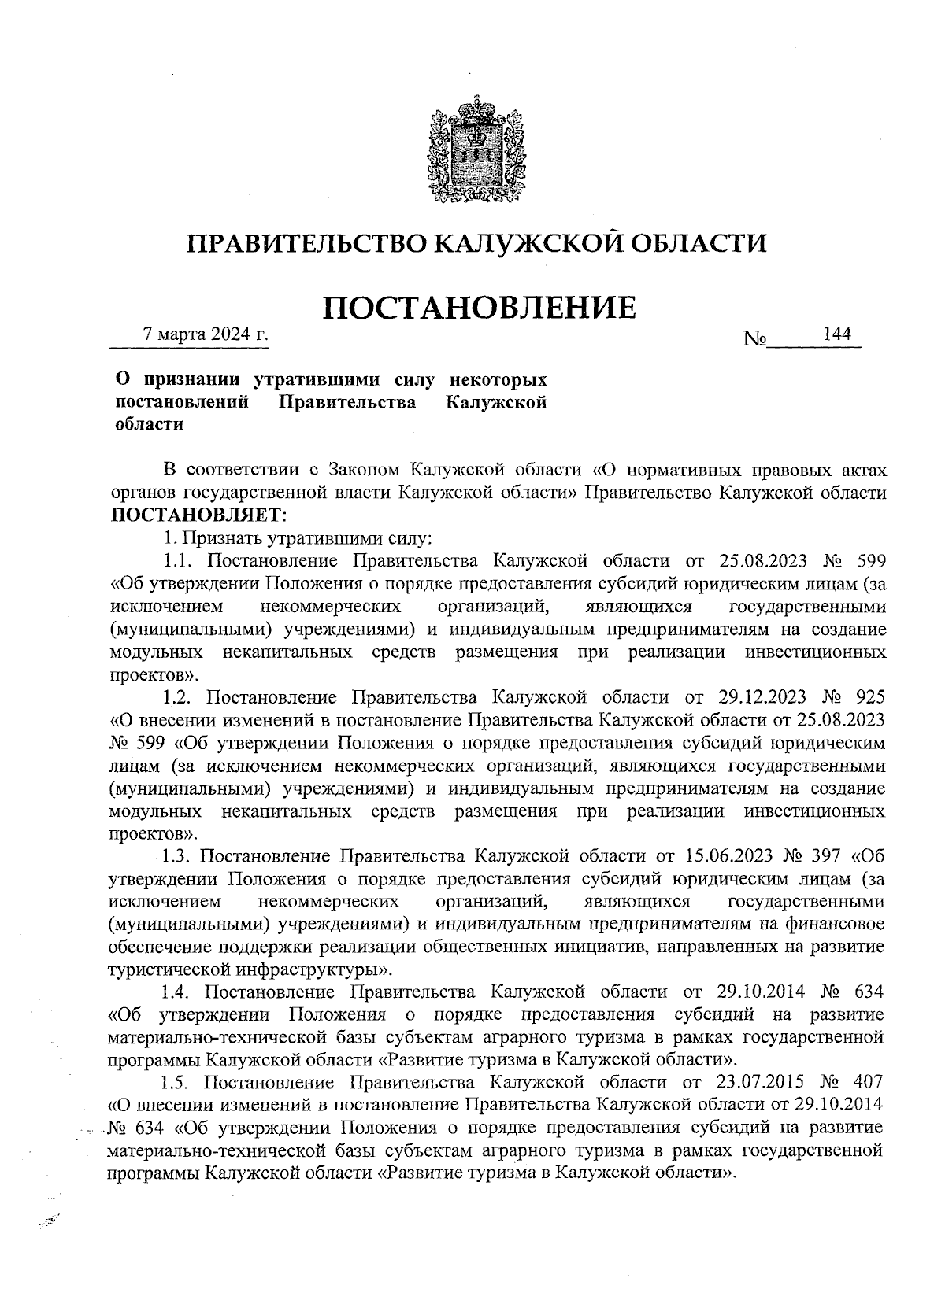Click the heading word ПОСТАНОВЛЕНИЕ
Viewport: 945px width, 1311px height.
pos(480,307)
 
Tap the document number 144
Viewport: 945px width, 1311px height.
pos(836,334)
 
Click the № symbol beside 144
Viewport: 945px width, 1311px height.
pos(754,339)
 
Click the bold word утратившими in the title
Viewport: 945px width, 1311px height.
pos(321,380)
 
